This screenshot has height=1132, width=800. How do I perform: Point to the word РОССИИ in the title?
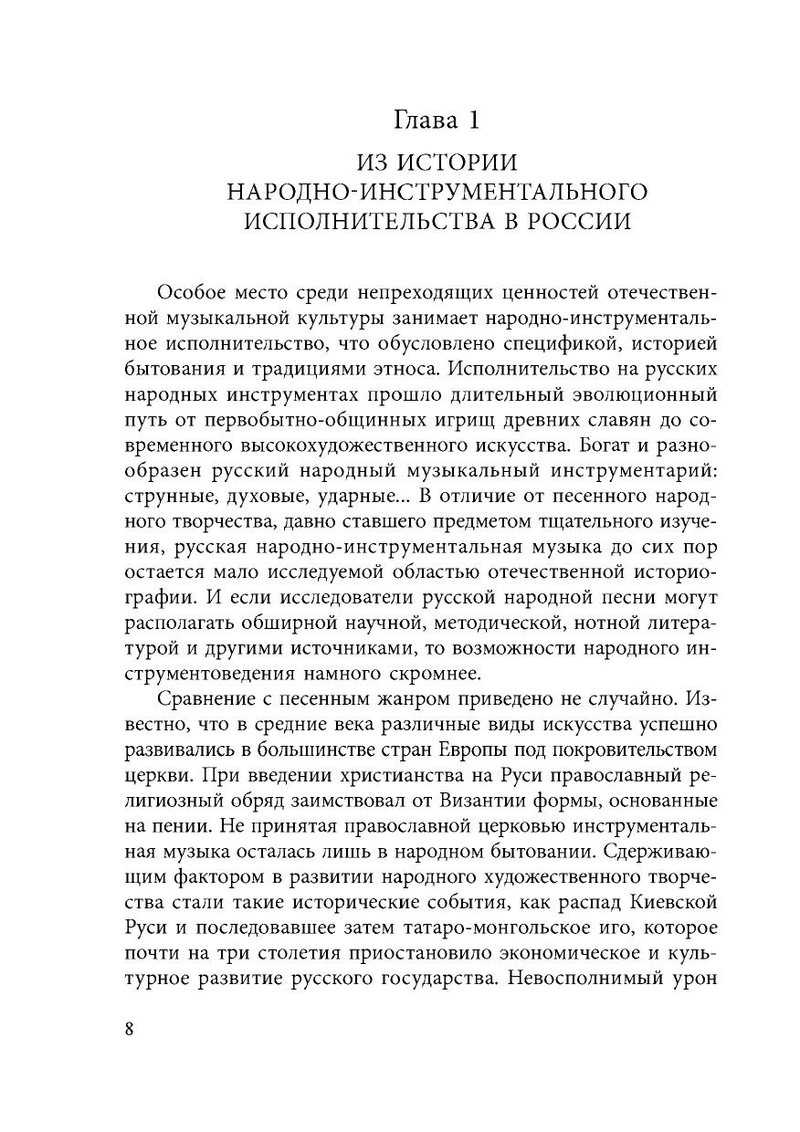pos(579,223)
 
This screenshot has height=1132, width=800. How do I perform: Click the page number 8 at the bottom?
pos(128,1028)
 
